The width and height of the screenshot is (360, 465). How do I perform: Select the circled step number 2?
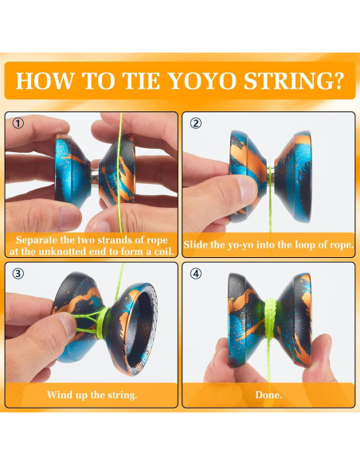tap(196, 123)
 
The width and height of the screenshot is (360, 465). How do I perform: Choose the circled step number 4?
tap(196, 274)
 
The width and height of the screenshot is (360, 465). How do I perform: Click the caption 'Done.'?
tap(268, 394)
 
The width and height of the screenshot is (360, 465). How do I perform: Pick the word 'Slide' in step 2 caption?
tap(198, 245)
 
